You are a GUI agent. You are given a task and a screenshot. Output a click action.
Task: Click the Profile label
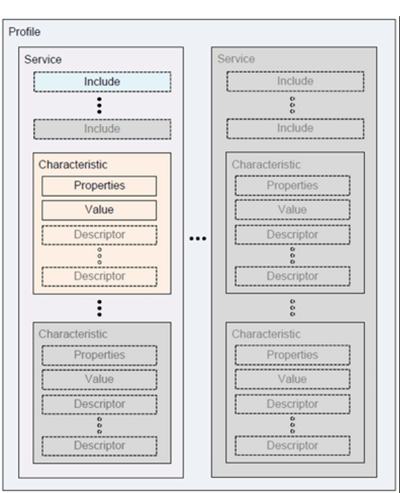click(25, 32)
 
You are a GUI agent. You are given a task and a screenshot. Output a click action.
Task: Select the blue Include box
click(102, 82)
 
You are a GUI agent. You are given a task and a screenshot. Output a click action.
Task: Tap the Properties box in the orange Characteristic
click(99, 185)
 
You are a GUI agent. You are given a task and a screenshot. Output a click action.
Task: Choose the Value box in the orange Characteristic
click(99, 210)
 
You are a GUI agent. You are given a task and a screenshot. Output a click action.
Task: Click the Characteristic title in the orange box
click(73, 165)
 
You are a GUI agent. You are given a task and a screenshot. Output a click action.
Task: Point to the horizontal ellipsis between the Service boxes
click(198, 239)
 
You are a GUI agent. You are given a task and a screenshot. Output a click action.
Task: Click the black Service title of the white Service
click(43, 59)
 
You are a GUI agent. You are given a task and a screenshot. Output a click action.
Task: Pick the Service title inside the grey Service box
click(236, 59)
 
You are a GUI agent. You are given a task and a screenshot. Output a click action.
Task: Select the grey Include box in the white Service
click(102, 128)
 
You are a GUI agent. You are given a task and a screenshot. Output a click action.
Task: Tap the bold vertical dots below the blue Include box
click(100, 105)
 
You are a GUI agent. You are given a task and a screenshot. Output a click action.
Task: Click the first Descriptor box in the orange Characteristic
click(99, 235)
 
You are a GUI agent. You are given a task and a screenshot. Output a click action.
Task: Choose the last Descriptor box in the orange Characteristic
click(99, 276)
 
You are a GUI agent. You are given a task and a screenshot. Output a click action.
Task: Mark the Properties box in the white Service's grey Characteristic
click(99, 355)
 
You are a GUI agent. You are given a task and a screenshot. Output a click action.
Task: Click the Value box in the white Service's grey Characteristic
click(99, 379)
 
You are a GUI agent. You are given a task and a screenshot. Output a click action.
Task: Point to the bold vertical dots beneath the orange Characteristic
click(100, 308)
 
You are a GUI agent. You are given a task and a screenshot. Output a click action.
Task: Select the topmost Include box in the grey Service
click(295, 82)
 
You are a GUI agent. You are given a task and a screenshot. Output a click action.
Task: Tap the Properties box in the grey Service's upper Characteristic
click(292, 185)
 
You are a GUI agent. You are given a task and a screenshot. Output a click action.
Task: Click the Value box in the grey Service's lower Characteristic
click(292, 379)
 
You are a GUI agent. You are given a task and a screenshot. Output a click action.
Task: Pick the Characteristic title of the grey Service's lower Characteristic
click(266, 333)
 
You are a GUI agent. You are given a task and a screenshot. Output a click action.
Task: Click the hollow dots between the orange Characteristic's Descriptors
click(100, 256)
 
